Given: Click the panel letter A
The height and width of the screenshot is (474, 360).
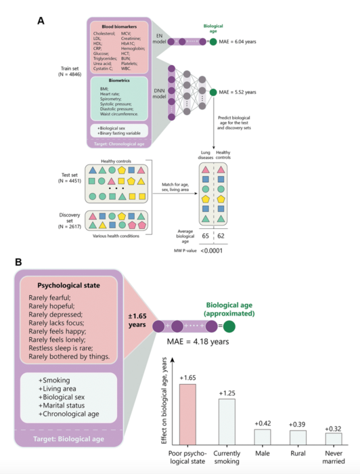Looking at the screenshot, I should [x=40, y=20].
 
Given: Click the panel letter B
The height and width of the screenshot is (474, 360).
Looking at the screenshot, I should [x=40, y=259].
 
